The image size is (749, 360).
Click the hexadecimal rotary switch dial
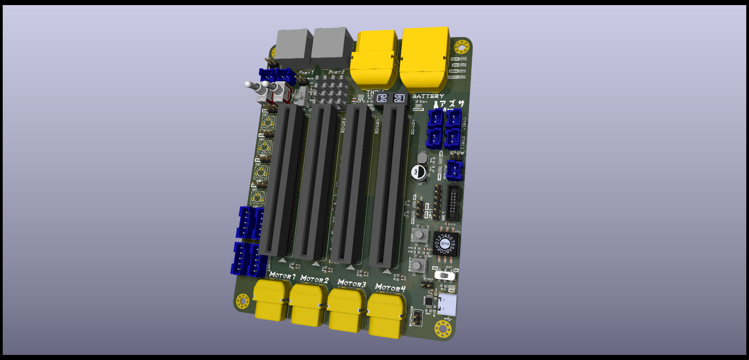pos(445,244)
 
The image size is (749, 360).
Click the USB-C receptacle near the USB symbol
pos(447,305)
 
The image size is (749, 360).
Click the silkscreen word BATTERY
pos(428,96)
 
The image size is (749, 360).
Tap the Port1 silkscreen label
pos(306,73)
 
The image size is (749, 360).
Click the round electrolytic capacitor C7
pos(419,172)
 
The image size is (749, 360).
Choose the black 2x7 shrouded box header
pos(453,203)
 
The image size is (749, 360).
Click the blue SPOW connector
pos(455,170)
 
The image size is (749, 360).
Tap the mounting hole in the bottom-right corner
pos(443,329)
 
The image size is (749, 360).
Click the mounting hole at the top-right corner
pos(462,48)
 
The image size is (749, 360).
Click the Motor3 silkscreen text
pos(351,283)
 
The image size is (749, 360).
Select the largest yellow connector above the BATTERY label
pos(424,59)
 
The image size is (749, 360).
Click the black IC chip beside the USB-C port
pos(428,302)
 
